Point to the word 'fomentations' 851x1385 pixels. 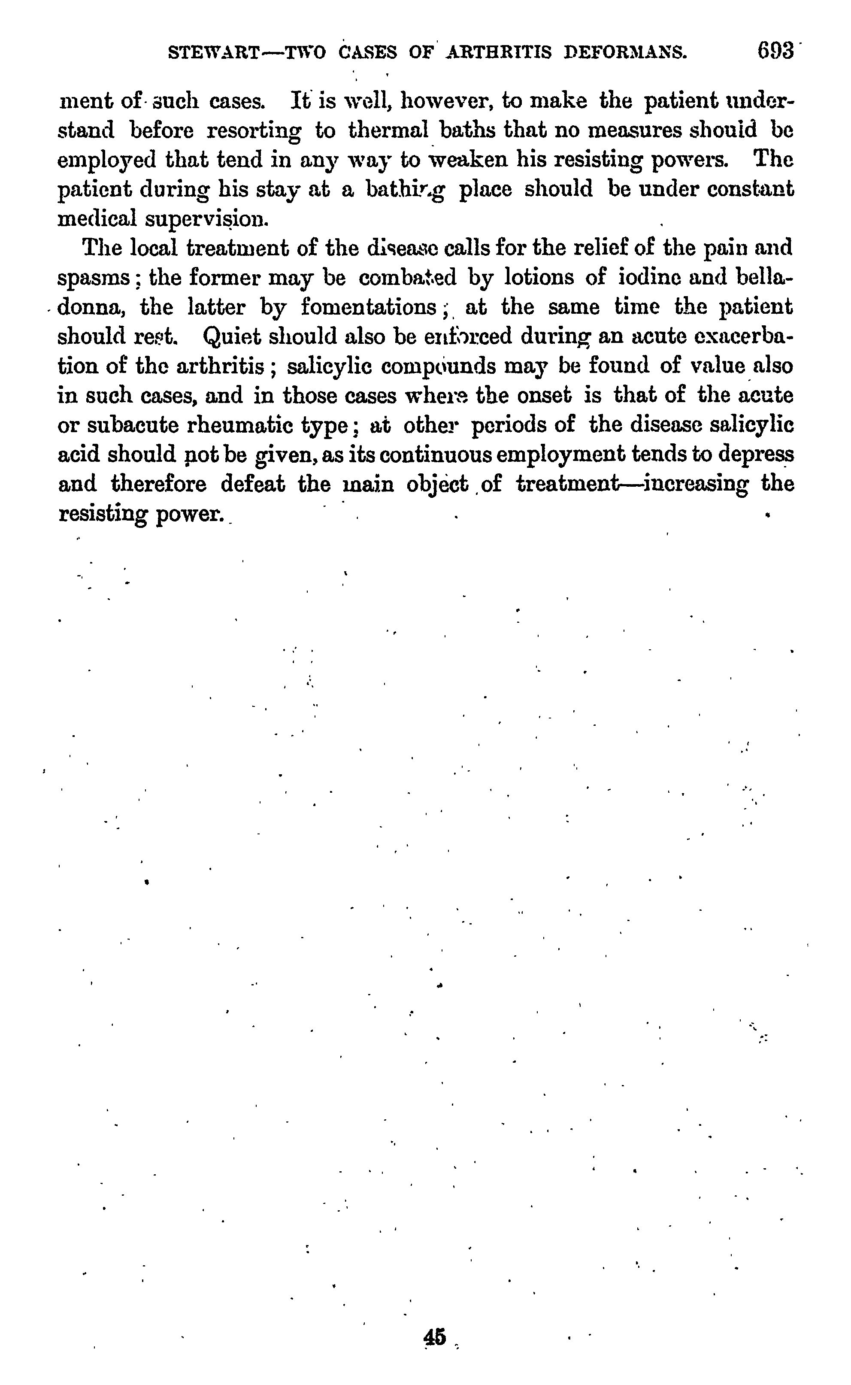[369, 307]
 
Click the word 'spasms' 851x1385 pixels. [94, 278]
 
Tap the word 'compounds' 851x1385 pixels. [439, 367]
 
